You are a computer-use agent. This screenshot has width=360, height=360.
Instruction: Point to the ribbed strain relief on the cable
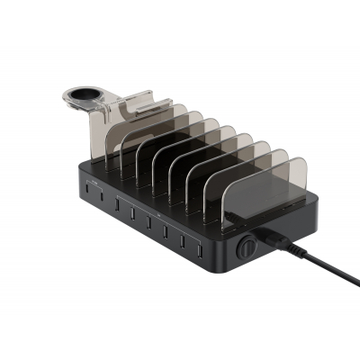click(286, 244)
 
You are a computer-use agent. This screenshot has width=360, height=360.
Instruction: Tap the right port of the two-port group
click(101, 198)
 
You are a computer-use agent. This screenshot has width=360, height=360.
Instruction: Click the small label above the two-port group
click(93, 183)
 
